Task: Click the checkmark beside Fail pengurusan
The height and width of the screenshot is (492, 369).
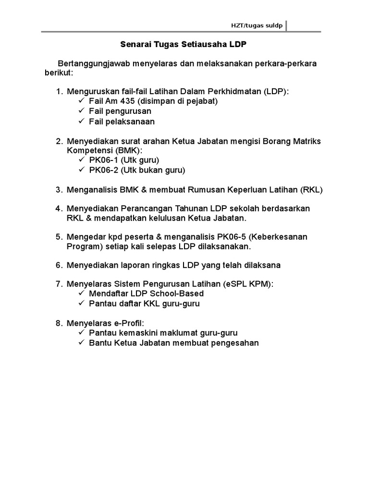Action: pos(80,111)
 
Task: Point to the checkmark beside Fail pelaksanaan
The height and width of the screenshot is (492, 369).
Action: pos(80,121)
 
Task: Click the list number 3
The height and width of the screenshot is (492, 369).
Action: pos(59,189)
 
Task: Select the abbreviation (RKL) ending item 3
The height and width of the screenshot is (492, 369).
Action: pos(312,189)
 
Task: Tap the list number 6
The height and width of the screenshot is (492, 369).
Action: pos(59,265)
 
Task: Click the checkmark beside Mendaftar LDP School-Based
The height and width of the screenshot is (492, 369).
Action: pos(80,293)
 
